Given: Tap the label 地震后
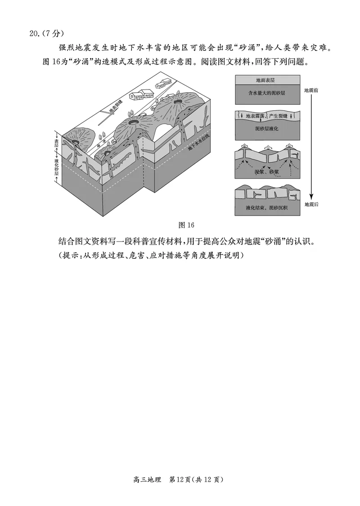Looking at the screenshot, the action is point(311,204).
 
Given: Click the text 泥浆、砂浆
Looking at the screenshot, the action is point(267,172).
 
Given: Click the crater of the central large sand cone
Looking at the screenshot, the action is point(134,122).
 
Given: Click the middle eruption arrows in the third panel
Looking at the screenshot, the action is point(266,147).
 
